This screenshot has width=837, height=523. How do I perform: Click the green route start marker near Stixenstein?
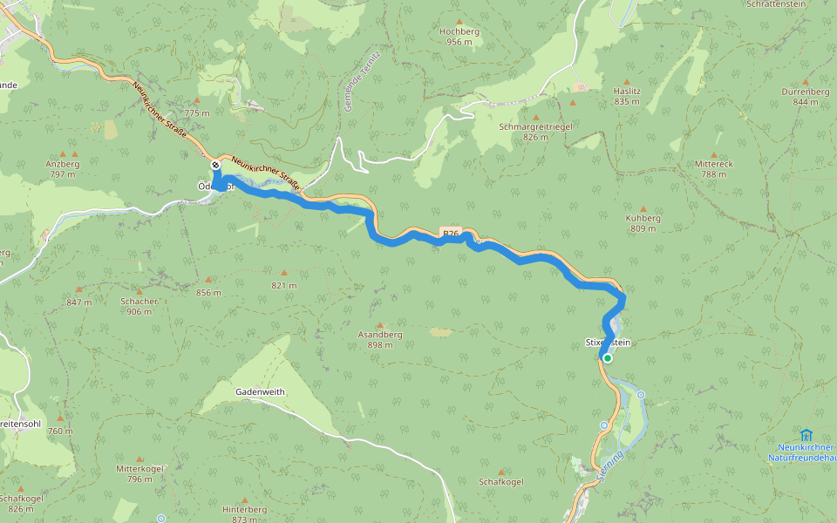[x=607, y=358]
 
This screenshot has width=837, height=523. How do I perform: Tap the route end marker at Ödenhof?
[x=215, y=165]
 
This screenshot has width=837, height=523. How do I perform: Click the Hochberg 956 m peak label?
[x=459, y=36]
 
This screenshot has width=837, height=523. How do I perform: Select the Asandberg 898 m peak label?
[x=380, y=339]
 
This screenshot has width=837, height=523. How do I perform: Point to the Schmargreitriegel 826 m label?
[x=534, y=132]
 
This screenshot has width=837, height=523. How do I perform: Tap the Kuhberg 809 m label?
[x=643, y=223]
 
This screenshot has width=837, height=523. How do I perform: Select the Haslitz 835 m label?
[x=627, y=96]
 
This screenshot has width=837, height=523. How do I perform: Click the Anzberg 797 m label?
[x=62, y=168]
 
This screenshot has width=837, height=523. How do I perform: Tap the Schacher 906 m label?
[x=139, y=306]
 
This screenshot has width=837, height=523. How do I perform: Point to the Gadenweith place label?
[x=260, y=392]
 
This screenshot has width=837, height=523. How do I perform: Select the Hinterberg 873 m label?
[x=244, y=513]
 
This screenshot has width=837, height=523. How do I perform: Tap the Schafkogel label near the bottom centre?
[x=501, y=482]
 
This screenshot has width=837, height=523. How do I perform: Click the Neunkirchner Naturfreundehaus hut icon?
[x=805, y=434]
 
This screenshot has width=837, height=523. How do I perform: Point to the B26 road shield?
[x=451, y=234]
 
